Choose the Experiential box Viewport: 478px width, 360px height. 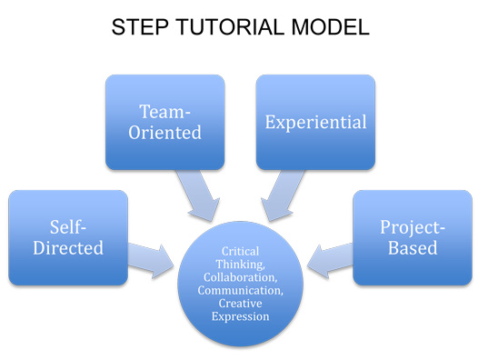click(x=316, y=122)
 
